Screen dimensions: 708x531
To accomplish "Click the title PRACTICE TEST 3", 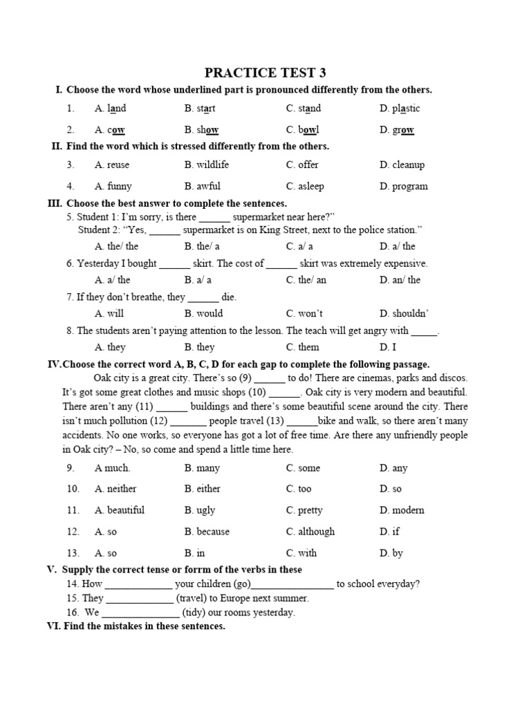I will (265, 73).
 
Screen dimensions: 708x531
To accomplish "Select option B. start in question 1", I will (200, 109).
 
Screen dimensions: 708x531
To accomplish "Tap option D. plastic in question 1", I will (400, 109).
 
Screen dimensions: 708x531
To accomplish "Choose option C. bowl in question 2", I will (302, 130).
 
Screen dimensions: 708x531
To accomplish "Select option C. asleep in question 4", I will (305, 186).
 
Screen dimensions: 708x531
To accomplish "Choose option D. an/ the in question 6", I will (400, 280).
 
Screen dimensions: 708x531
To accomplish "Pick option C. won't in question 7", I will (304, 313).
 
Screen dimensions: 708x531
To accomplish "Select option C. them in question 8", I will (303, 347).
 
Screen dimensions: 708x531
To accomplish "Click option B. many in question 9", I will (202, 468).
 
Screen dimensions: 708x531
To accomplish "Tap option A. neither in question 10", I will (115, 489).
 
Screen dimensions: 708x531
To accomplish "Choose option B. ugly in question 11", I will (200, 510).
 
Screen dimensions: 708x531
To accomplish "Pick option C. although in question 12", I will (310, 532).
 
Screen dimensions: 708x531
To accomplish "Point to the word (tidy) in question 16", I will (198, 613).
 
